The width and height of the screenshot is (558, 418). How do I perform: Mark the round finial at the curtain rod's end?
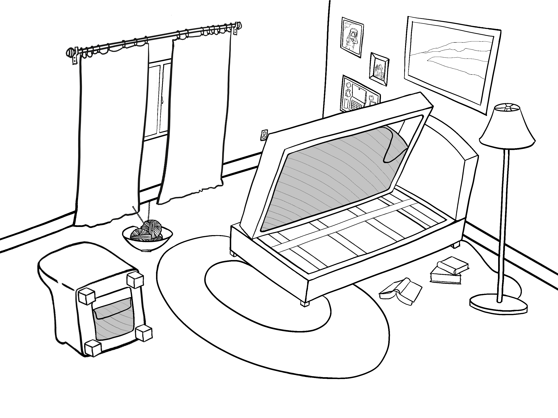click(x=70, y=53)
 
